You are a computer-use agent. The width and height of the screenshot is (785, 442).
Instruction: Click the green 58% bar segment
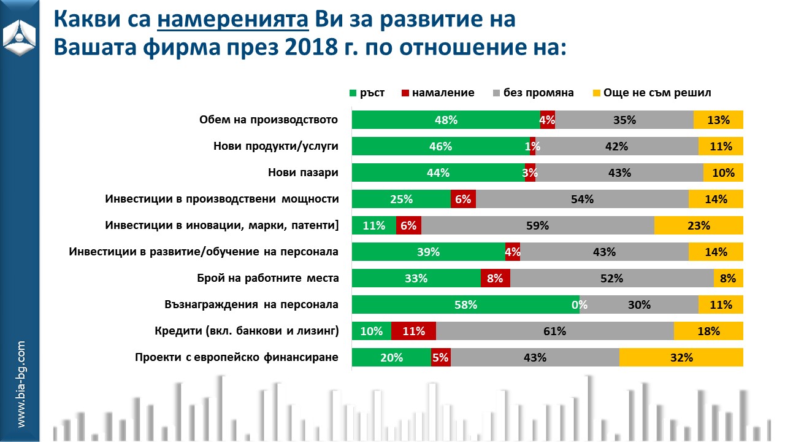pyautogui.click(x=465, y=304)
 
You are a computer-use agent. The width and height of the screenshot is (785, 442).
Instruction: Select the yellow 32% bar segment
pyautogui.click(x=681, y=357)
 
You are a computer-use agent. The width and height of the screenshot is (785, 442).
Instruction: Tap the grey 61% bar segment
pyautogui.click(x=554, y=331)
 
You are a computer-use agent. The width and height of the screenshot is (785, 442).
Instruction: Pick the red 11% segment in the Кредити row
pyautogui.click(x=413, y=331)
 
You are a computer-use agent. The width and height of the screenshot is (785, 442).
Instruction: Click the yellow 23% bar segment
pyautogui.click(x=699, y=225)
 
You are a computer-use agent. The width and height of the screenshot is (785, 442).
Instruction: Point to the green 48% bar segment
pyautogui.click(x=446, y=120)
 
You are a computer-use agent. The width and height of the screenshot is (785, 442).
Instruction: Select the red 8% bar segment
pyautogui.click(x=495, y=278)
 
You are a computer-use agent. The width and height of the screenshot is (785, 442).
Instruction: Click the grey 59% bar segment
pyautogui.click(x=537, y=225)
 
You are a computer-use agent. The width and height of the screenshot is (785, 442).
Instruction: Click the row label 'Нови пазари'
pyautogui.click(x=303, y=173)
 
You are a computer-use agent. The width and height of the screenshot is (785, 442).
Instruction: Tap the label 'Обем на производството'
pyautogui.click(x=269, y=120)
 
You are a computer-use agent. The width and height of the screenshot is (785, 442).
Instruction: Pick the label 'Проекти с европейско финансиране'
pyautogui.click(x=237, y=357)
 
